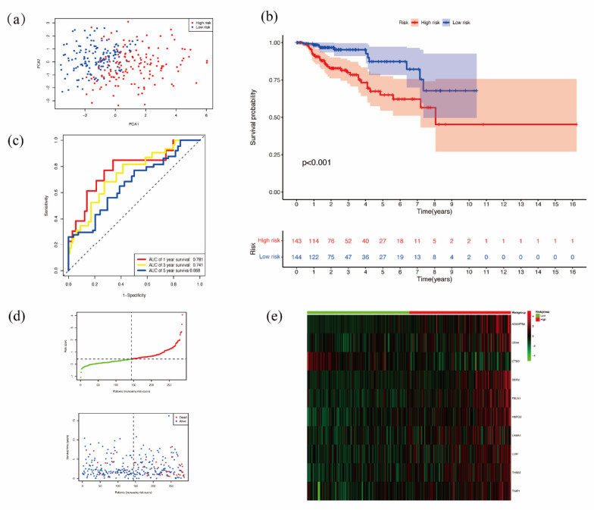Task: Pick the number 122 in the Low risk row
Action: (x=314, y=258)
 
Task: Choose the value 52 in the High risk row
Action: (x=348, y=239)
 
